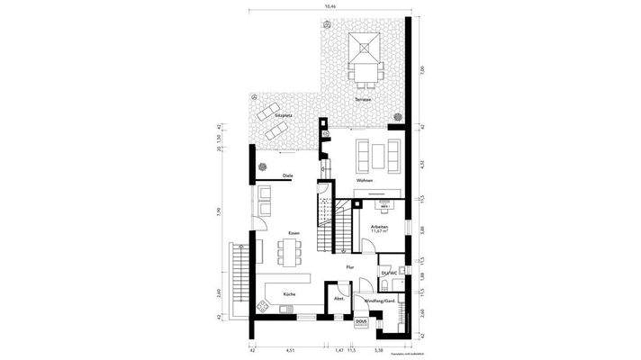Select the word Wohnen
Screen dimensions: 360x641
(x=365, y=181)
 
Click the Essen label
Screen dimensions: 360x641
(x=293, y=234)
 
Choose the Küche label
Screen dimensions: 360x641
(x=289, y=294)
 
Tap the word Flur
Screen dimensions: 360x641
(x=351, y=267)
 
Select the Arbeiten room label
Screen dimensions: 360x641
(x=379, y=227)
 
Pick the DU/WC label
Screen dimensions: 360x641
(x=389, y=271)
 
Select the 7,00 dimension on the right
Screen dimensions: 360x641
(x=421, y=68)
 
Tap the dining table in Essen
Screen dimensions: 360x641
(x=289, y=252)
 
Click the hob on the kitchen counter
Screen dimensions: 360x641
(x=287, y=310)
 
